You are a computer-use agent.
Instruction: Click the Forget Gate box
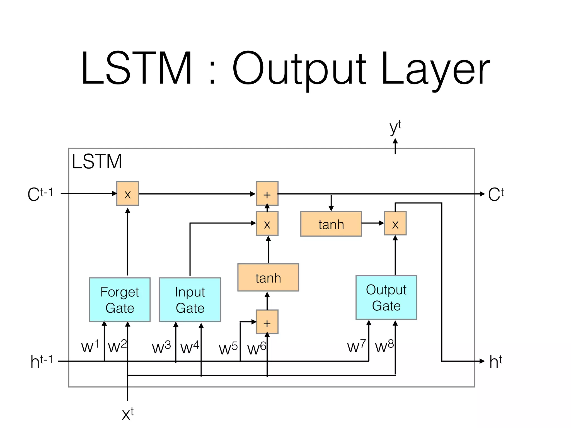120,300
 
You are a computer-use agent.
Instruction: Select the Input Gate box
190,300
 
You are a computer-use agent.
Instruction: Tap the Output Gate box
386,297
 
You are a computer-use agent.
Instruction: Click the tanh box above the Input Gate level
268,278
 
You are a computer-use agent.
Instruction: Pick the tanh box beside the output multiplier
331,224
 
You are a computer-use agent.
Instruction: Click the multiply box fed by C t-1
127,194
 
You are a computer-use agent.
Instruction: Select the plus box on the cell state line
267,194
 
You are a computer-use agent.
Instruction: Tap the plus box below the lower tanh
267,322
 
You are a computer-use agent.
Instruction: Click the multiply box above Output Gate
395,223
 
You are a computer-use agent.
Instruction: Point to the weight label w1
90,347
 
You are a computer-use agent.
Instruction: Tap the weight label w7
356,346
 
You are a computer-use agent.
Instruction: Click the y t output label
395,128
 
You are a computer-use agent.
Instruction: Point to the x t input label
128,414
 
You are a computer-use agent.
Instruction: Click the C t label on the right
496,194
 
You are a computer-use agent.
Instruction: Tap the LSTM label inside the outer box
97,162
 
